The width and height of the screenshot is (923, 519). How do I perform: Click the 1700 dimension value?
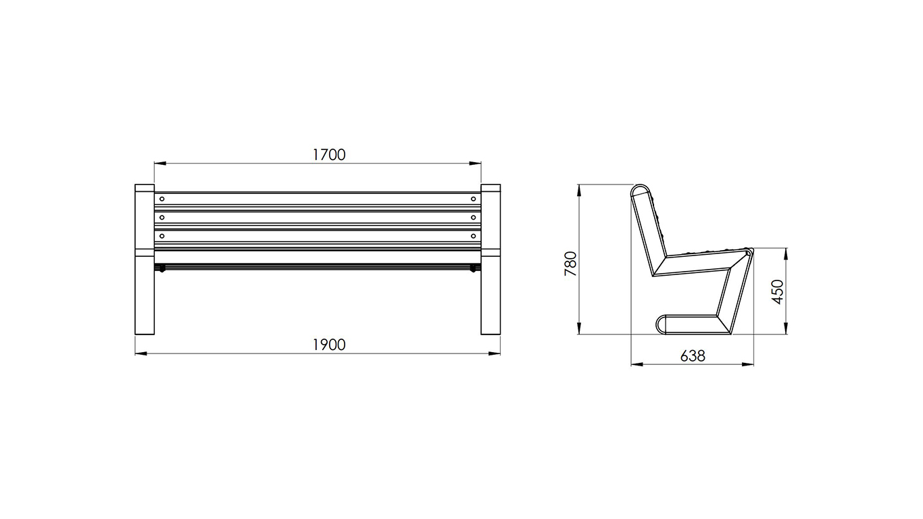[x=329, y=155]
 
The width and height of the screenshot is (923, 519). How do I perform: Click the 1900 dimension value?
[x=329, y=345]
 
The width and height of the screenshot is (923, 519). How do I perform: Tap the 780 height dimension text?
[x=571, y=264]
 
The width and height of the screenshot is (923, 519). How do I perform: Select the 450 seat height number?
[x=777, y=292]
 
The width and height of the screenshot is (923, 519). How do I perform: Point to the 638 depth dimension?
[x=693, y=355]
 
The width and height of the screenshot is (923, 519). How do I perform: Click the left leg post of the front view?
[x=145, y=259]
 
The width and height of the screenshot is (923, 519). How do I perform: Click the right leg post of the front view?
[x=491, y=259]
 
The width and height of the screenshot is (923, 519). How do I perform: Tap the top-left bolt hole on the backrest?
[x=162, y=199]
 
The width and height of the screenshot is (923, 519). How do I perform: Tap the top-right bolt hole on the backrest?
[x=474, y=199]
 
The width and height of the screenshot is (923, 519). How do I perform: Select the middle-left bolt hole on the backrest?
[x=162, y=217]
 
